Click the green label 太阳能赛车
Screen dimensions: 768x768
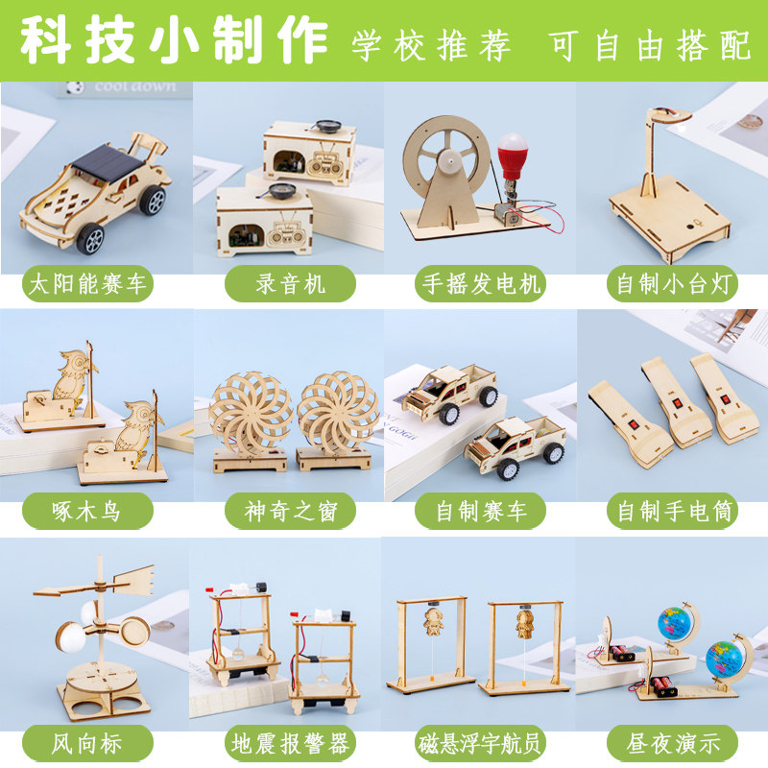pos(87,283)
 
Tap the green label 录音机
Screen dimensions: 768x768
pos(290,283)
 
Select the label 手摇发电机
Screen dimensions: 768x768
pos(481,283)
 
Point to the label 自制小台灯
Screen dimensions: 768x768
pos(673,283)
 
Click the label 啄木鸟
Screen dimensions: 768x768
pos(87,511)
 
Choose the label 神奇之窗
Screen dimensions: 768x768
pos(290,511)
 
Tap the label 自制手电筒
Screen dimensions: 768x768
pos(673,511)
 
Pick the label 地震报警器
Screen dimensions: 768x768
pos(290,743)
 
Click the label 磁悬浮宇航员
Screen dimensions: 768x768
pos(481,743)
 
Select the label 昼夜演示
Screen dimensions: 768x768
pos(673,743)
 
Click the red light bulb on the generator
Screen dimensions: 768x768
pos(513,155)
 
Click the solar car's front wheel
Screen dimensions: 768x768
pos(90,238)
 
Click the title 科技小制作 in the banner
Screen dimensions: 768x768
pos(174,40)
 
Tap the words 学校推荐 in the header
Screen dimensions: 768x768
pos(431,46)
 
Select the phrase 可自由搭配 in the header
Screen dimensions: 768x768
pos(649,46)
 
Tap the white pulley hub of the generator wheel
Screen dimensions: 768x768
pos(449,160)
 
